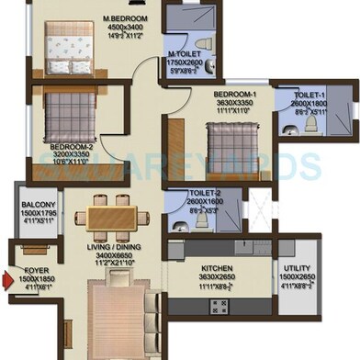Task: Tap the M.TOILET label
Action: point(185,53)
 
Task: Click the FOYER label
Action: point(35,272)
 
